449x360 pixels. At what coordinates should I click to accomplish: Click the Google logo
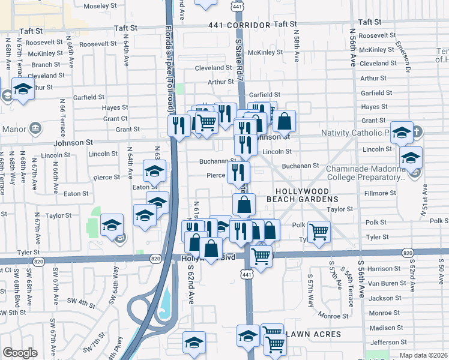[x=20, y=353]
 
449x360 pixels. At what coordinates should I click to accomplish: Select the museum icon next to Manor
[x=35, y=128]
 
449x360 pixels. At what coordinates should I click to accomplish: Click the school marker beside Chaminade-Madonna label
[x=411, y=157]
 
